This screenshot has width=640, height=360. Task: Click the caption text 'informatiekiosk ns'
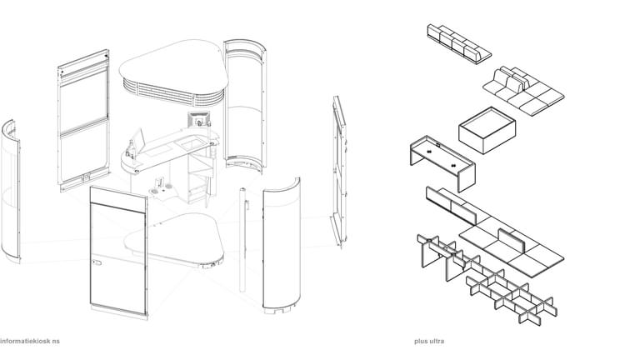pos(30,341)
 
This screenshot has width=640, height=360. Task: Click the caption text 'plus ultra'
pos(429,341)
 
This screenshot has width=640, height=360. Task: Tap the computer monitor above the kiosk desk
pos(199,119)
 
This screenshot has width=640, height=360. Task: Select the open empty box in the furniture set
pos(487,130)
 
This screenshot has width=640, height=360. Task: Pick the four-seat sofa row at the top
pos(459,43)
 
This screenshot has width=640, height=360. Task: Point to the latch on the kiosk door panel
pos(97,262)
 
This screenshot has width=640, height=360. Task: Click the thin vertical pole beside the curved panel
pos(242,240)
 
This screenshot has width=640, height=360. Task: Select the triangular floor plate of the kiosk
pos(176,240)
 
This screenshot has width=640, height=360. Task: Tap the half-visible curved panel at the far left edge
pos(10,191)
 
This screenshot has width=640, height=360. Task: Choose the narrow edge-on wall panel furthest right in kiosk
pos(340,171)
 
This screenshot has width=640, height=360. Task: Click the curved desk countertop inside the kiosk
pos(167,151)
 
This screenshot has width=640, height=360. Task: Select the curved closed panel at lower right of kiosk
pos(282,244)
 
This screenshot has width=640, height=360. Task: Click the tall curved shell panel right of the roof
pos(245,106)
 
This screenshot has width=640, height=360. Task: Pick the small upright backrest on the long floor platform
pos(511,240)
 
